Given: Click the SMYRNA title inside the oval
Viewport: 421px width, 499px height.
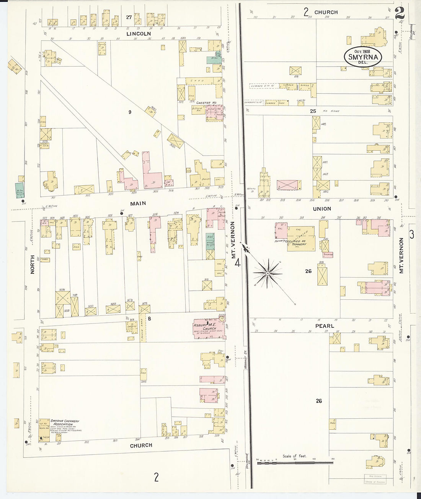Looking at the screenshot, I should click(363, 57).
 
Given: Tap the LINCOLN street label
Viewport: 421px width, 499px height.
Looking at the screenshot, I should click(139, 34).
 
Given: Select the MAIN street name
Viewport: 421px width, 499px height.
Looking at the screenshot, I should click(138, 203).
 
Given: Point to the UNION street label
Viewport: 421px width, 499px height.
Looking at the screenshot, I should click(322, 209).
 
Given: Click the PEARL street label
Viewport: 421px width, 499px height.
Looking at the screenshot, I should click(325, 326).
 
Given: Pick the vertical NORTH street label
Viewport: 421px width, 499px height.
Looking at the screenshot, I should click(33, 265).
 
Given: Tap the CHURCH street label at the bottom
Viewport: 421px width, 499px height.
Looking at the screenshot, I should click(141, 445).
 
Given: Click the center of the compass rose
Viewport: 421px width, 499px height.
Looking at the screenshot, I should click(268, 273).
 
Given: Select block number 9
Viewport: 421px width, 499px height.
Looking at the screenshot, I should click(130, 112).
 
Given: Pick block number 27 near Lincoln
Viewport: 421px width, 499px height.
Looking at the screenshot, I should click(129, 17).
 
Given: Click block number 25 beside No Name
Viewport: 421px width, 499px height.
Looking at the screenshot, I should click(313, 111).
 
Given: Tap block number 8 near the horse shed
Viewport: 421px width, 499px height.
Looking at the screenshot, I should click(149, 318).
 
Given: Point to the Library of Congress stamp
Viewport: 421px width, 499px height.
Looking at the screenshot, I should click(375, 482).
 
